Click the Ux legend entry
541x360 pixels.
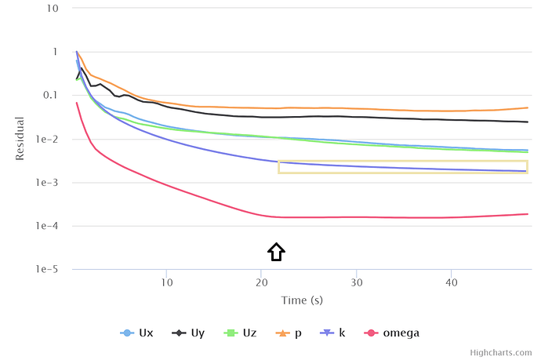click(138, 333)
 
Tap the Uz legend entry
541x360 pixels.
click(241, 333)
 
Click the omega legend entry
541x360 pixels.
click(394, 333)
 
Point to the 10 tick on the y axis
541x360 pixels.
click(53, 9)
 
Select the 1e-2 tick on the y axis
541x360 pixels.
click(48, 140)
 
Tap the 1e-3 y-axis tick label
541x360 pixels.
click(48, 183)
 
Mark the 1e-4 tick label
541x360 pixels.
click(48, 227)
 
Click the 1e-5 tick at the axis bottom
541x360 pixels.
click(48, 270)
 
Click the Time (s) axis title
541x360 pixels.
click(302, 300)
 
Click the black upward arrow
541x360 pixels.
click(276, 252)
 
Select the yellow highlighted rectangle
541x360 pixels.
click(402, 166)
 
